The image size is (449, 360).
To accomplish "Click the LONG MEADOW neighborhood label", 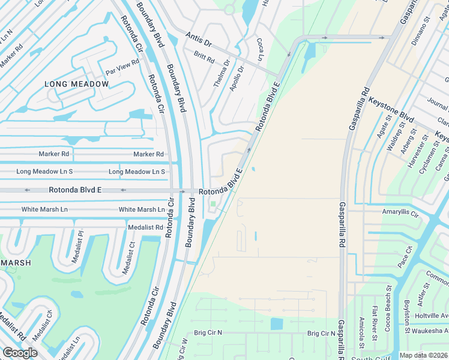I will pos(77,84).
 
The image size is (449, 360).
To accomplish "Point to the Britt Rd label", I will pos(204,57).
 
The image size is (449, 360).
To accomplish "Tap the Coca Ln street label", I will pos(261,50).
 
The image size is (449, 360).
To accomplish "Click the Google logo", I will pos(20,353).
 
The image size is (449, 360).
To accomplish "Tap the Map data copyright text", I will pos(424,355).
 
